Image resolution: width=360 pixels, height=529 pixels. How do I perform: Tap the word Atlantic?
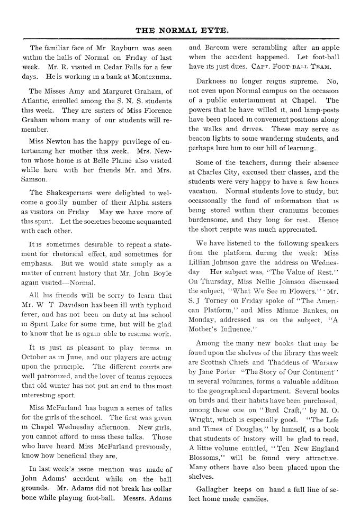point(38,101)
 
